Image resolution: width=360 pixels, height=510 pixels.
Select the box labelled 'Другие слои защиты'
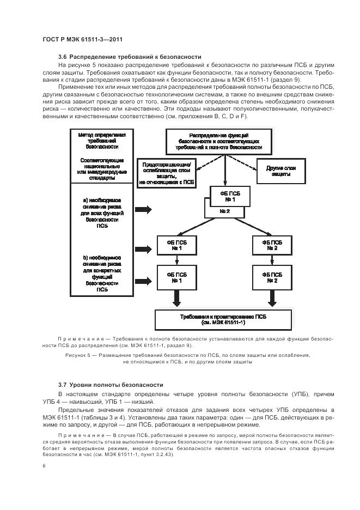click(x=280, y=171)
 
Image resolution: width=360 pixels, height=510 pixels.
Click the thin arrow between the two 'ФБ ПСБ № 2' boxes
click(x=272, y=260)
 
